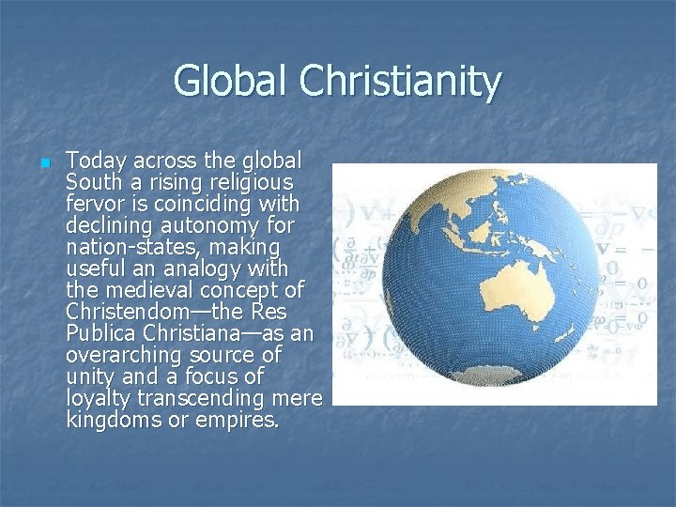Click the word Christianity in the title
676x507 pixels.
400,83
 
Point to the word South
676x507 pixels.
96,181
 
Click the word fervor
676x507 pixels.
96,203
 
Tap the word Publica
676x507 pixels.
104,333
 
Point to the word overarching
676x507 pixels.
124,355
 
